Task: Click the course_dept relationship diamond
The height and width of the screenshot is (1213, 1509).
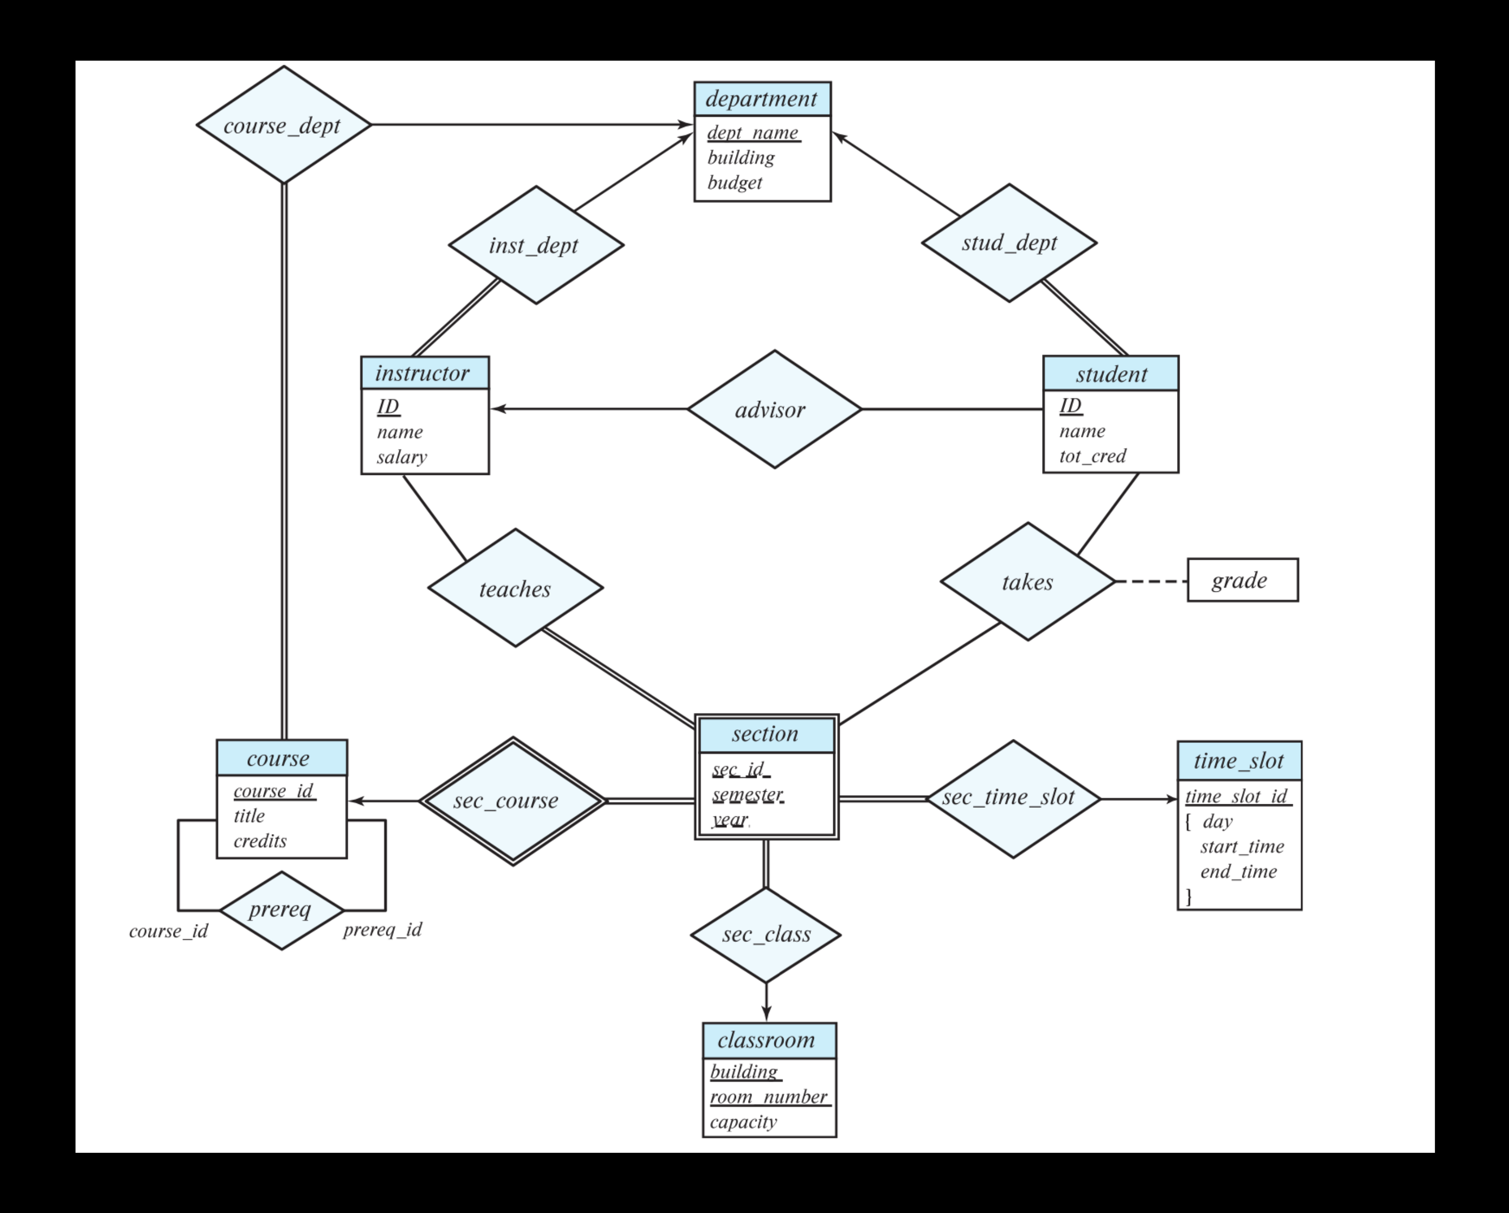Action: coord(283,125)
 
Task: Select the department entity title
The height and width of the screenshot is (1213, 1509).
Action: coord(761,99)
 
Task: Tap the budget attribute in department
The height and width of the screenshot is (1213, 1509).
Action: coord(734,183)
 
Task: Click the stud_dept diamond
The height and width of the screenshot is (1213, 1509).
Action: coord(1008,243)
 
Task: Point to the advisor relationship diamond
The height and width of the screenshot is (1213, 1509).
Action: coord(773,410)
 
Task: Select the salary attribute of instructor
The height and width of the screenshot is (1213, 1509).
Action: coord(402,457)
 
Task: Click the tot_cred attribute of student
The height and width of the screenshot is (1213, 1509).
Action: coord(1092,456)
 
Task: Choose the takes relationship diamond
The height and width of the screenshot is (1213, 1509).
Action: coord(1027,581)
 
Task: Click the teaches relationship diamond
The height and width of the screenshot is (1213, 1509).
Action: coord(515,588)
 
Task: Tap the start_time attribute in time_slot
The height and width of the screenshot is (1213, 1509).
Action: coord(1241,847)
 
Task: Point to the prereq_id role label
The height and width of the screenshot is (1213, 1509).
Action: coord(382,929)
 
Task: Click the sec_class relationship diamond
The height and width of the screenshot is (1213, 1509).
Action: coord(766,934)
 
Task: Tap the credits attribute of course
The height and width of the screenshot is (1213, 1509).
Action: coord(259,840)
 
